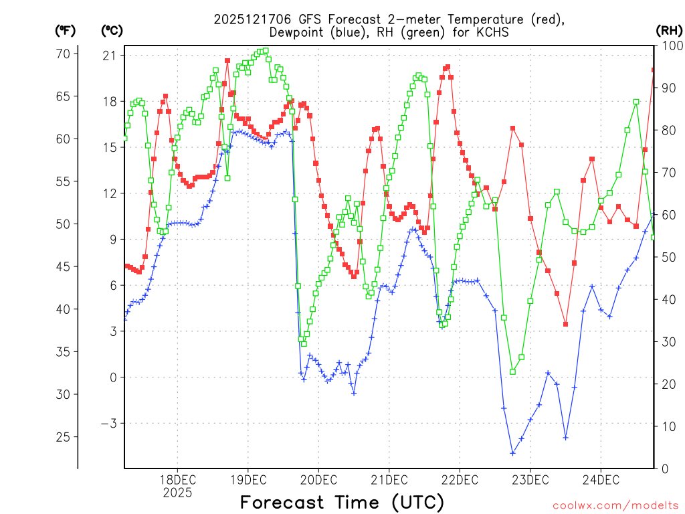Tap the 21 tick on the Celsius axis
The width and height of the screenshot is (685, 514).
108,55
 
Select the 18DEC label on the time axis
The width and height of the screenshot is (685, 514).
177,480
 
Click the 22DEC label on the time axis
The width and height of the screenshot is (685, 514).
460,480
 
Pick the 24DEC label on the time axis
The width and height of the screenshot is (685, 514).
600,480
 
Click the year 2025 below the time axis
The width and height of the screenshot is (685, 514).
177,493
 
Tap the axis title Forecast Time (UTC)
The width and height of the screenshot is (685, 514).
342,502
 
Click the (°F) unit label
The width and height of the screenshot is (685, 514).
66,30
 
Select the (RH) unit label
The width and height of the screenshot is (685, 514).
669,30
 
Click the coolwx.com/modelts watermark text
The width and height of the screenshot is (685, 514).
616,505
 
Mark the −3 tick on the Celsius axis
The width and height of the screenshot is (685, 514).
108,423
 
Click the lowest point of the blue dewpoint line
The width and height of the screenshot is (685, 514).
512,453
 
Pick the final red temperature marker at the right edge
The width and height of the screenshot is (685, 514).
654,70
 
